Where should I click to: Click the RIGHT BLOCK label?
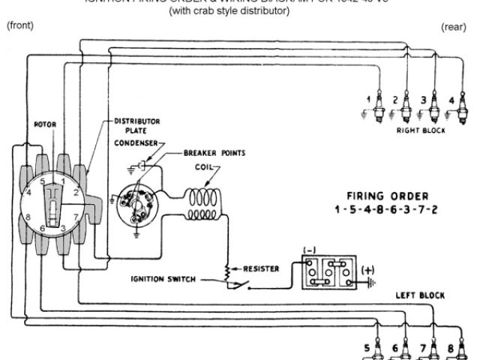[x=420, y=130]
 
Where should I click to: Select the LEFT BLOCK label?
[x=420, y=295]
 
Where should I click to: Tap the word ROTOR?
[x=46, y=124]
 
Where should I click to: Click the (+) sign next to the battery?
[x=368, y=269]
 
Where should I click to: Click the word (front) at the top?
[x=19, y=25]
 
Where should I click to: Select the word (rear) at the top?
[x=454, y=26]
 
